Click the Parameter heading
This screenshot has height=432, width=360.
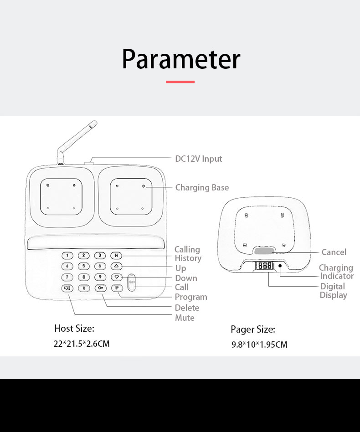coord(181,59)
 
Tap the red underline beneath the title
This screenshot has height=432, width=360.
coord(180,82)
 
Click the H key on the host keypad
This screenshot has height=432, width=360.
coord(116,255)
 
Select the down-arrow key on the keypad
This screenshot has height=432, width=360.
coord(117,277)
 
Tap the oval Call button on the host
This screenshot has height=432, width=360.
coord(132,283)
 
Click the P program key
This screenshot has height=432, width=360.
coord(117,288)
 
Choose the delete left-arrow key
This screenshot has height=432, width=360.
coord(100,288)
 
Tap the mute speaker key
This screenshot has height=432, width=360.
coord(67,288)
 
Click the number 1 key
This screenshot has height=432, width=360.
coord(67,255)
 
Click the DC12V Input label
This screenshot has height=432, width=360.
coord(199,159)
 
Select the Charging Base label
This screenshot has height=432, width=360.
coord(202,187)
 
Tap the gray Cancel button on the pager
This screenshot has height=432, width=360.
coord(264,251)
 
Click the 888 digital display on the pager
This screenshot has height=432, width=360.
coord(264,266)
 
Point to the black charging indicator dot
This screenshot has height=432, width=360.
coord(280,266)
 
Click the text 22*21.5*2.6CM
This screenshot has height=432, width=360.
coord(82,344)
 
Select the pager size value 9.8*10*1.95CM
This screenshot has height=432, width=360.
coord(259,345)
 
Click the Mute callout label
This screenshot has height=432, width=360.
coord(185,318)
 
